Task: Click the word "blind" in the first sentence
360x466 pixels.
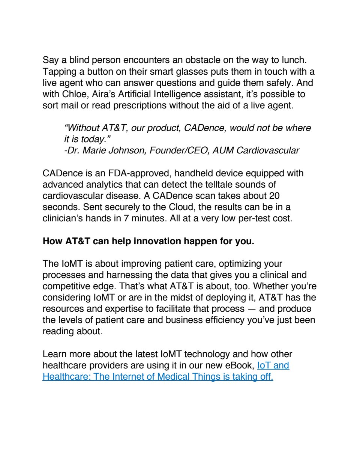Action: pos(79,60)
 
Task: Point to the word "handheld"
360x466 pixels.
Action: pos(193,173)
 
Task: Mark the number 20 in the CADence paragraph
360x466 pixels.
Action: pos(274,196)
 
